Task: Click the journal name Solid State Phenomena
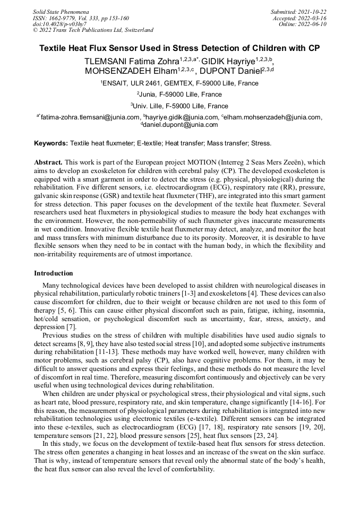[x=61, y=11]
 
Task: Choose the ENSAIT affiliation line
[x=179, y=83]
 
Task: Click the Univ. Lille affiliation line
[x=179, y=106]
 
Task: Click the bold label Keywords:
[x=51, y=143]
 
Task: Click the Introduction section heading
[x=54, y=273]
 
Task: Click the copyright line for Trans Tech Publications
[x=93, y=30]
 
